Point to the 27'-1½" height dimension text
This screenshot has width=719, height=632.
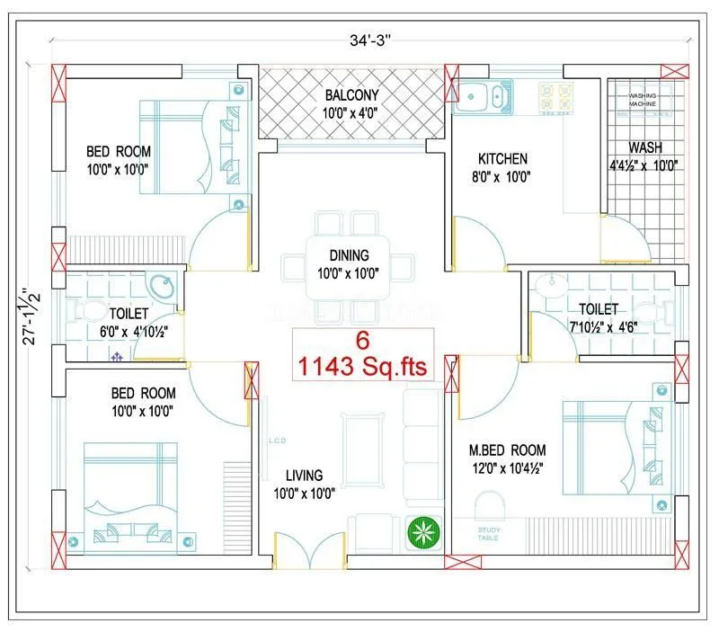tap(32, 316)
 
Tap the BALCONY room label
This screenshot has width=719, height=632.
tap(351, 94)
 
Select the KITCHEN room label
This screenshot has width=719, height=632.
tap(502, 159)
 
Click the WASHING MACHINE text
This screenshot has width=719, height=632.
tap(642, 100)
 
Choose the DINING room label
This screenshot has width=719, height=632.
tap(348, 255)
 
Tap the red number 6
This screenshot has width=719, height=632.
tap(363, 342)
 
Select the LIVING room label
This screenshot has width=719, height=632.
tap(305, 475)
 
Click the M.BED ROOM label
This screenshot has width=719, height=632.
tap(507, 450)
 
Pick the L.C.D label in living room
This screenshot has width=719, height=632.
tap(277, 441)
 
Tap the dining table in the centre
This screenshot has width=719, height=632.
tap(349, 268)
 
